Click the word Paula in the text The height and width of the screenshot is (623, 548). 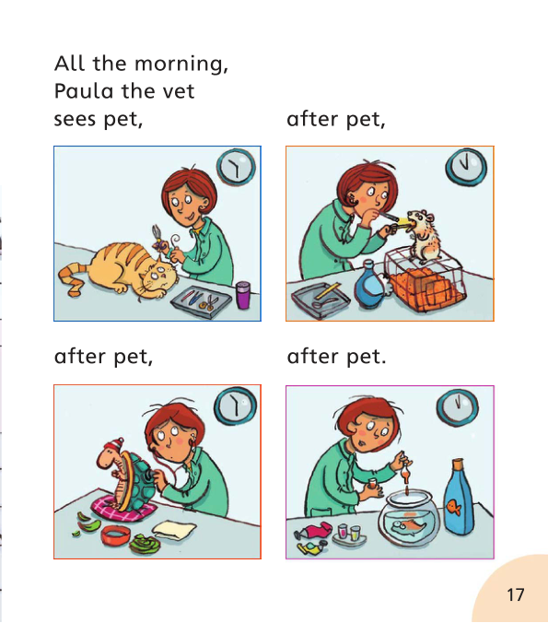[x=80, y=92]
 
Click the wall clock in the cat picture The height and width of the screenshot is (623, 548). [x=236, y=168]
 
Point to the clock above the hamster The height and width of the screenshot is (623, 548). [x=465, y=166]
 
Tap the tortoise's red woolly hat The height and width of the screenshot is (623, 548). [x=111, y=451]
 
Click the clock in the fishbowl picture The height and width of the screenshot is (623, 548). [x=456, y=405]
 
